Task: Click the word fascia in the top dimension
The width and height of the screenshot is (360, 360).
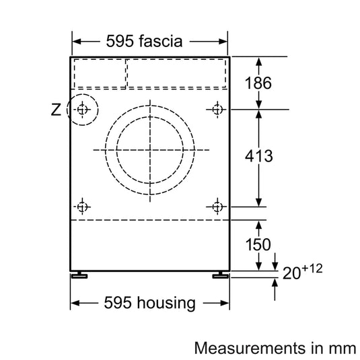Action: pos(159,41)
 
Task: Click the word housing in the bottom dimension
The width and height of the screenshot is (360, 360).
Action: pos(165,303)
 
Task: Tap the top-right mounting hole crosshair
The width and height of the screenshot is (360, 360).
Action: pos(217,109)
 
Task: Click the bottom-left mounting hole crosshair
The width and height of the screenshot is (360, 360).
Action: pos(82,206)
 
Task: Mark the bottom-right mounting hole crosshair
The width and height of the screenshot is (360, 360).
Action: pos(217,206)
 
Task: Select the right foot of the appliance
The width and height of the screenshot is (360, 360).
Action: pos(220,275)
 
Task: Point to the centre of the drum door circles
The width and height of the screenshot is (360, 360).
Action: pos(149,149)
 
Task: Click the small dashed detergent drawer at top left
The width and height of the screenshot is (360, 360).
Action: pos(99,73)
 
